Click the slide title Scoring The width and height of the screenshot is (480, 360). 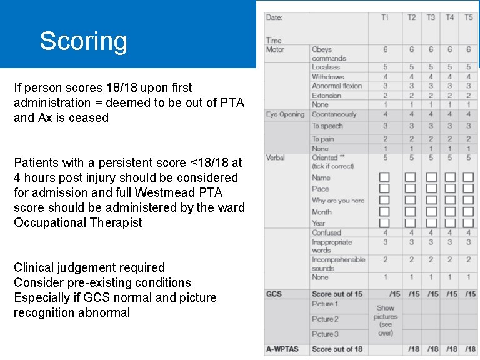click(x=83, y=41)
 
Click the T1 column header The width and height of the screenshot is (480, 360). click(x=384, y=17)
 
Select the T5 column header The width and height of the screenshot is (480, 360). click(x=468, y=17)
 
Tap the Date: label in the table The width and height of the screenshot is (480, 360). click(x=274, y=17)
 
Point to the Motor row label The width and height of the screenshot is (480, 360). click(x=275, y=49)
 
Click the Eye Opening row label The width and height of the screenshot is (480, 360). click(x=285, y=114)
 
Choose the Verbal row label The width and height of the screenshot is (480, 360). click(x=276, y=157)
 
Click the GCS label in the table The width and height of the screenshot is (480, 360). click(x=274, y=294)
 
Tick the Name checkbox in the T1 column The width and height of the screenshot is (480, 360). click(x=384, y=177)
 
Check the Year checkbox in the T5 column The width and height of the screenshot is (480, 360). click(x=468, y=223)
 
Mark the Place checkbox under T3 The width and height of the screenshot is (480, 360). click(x=431, y=189)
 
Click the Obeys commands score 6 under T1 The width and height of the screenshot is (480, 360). click(x=384, y=49)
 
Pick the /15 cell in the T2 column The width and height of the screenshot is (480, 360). click(x=412, y=294)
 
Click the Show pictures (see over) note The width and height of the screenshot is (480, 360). click(x=385, y=320)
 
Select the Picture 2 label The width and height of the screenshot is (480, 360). click(x=325, y=319)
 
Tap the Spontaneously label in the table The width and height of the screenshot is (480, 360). click(x=334, y=114)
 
